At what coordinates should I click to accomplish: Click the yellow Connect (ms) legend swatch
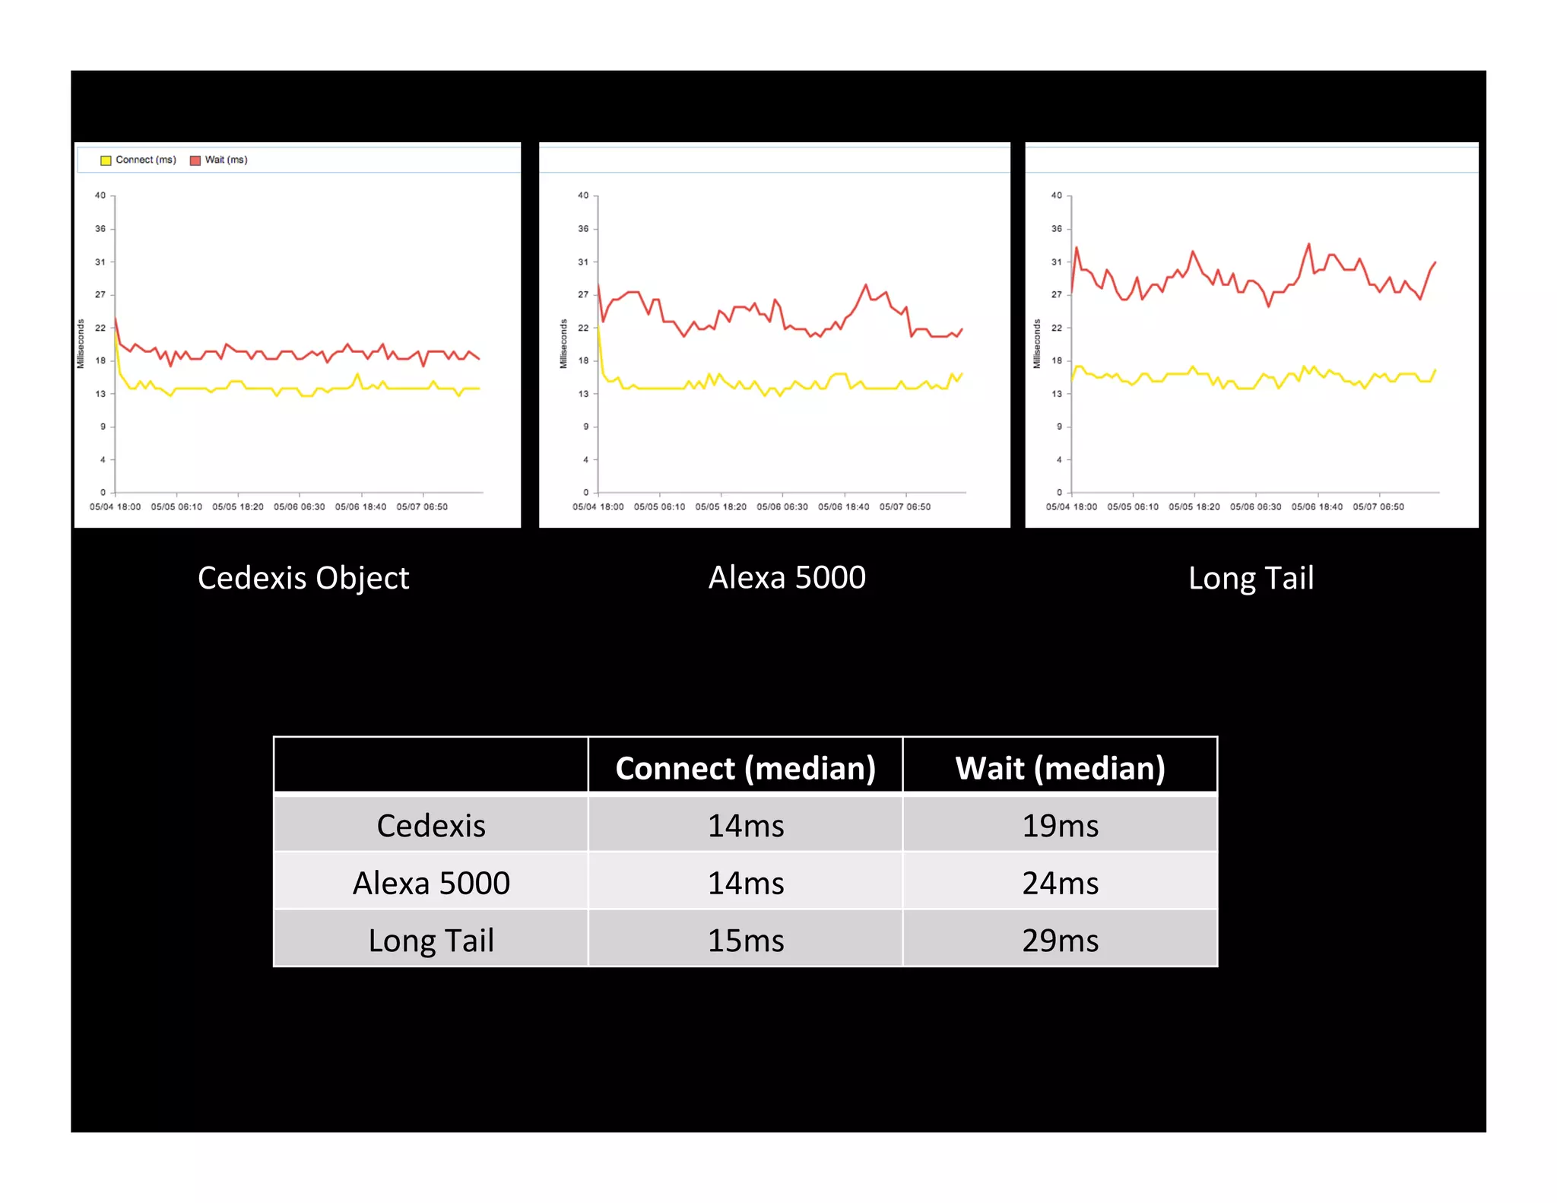pyautogui.click(x=106, y=160)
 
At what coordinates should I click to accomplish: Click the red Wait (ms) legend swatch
pyautogui.click(x=195, y=160)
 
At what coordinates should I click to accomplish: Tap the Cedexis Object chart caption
pyautogui.click(x=303, y=578)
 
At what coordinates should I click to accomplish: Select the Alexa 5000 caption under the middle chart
pyautogui.click(x=787, y=577)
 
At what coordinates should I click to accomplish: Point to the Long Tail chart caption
pyautogui.click(x=1251, y=578)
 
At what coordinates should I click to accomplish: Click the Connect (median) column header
pyautogui.click(x=745, y=768)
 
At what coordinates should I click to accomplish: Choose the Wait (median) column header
pyautogui.click(x=1060, y=768)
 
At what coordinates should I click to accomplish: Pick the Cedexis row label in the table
pyautogui.click(x=431, y=825)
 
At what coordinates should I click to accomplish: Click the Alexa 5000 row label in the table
pyautogui.click(x=431, y=883)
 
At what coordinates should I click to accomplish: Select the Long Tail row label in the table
pyautogui.click(x=431, y=941)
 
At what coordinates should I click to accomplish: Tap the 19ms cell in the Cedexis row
pyautogui.click(x=1060, y=825)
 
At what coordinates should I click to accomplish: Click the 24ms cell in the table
pyautogui.click(x=1060, y=883)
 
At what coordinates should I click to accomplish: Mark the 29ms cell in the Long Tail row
pyautogui.click(x=1060, y=941)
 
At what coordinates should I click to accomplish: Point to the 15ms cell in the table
pyautogui.click(x=745, y=941)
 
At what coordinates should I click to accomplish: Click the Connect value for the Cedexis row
pyautogui.click(x=745, y=825)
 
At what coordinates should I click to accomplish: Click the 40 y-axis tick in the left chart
pyautogui.click(x=100, y=195)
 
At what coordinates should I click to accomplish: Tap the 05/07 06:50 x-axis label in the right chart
pyautogui.click(x=1378, y=506)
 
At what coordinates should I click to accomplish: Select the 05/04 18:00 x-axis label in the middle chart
pyautogui.click(x=598, y=506)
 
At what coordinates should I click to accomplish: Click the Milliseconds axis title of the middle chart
pyautogui.click(x=563, y=344)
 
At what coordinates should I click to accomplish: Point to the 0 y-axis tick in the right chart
pyautogui.click(x=1059, y=493)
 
